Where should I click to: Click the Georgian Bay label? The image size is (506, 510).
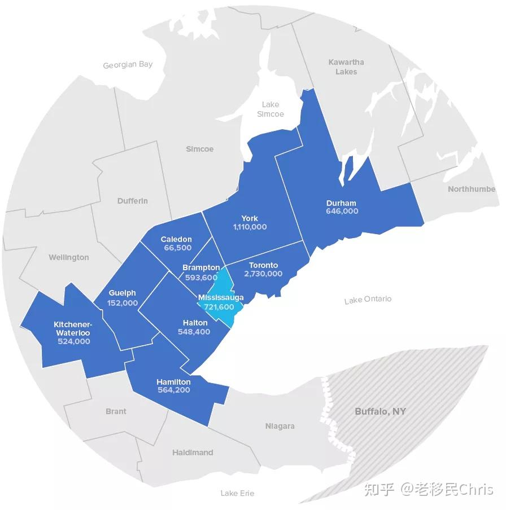(x=128, y=65)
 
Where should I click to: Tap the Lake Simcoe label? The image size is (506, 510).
(x=271, y=109)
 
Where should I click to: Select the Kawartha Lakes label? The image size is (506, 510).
(x=346, y=67)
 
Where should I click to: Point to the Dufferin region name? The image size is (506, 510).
(x=133, y=201)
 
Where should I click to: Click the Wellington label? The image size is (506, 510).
(x=68, y=257)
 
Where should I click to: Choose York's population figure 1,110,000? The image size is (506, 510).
(x=250, y=227)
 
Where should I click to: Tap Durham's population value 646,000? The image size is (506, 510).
(x=342, y=212)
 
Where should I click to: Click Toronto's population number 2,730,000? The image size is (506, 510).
(x=263, y=274)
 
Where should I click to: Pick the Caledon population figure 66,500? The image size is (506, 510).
(x=176, y=248)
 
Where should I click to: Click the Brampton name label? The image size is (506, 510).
(x=201, y=267)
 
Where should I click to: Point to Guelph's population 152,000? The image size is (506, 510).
(x=123, y=303)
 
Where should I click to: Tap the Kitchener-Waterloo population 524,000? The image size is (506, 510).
(x=73, y=341)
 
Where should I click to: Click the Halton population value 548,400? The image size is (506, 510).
(x=195, y=332)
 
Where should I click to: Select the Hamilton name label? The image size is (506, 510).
(x=173, y=382)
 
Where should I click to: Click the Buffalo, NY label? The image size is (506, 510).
(x=380, y=411)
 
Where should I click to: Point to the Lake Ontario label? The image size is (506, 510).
(x=368, y=300)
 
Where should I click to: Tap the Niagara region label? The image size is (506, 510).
(x=280, y=426)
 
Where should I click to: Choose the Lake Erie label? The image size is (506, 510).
(x=237, y=493)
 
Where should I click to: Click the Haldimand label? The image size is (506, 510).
(x=193, y=452)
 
